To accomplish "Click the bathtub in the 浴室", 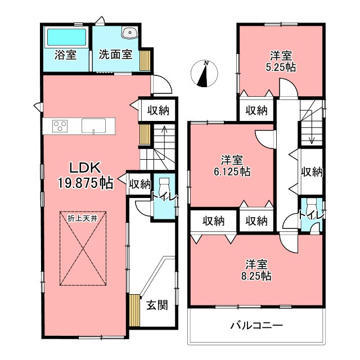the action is point(66,37).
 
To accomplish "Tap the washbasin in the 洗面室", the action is point(130,33).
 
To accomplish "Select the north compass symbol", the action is point(204,74).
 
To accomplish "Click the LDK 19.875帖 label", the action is point(85,175).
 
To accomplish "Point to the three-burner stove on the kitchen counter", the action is point(60,126).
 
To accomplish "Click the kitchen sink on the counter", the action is point(94,126).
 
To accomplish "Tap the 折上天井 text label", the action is point(83,218).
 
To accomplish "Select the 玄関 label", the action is point(157,305).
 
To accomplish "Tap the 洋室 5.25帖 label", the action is point(281,61).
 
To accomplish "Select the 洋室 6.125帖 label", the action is point(232,166).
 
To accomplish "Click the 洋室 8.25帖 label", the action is point(256,270).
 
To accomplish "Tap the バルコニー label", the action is point(256,326).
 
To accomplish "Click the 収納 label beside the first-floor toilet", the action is point(139,184).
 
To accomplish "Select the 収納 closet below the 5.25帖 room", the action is point(256,110).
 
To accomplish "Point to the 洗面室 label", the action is point(115,55).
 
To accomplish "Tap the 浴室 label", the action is point(65,55).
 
